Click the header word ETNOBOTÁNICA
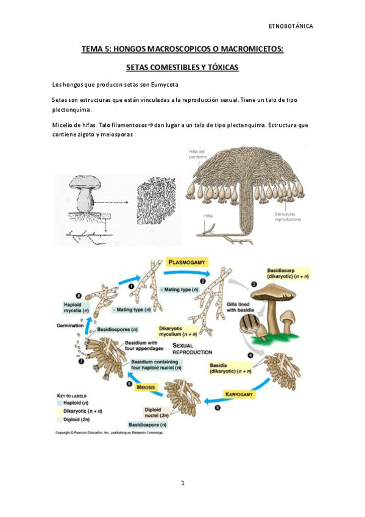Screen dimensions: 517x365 tap(291, 26)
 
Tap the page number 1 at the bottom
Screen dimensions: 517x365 tap(182, 483)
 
